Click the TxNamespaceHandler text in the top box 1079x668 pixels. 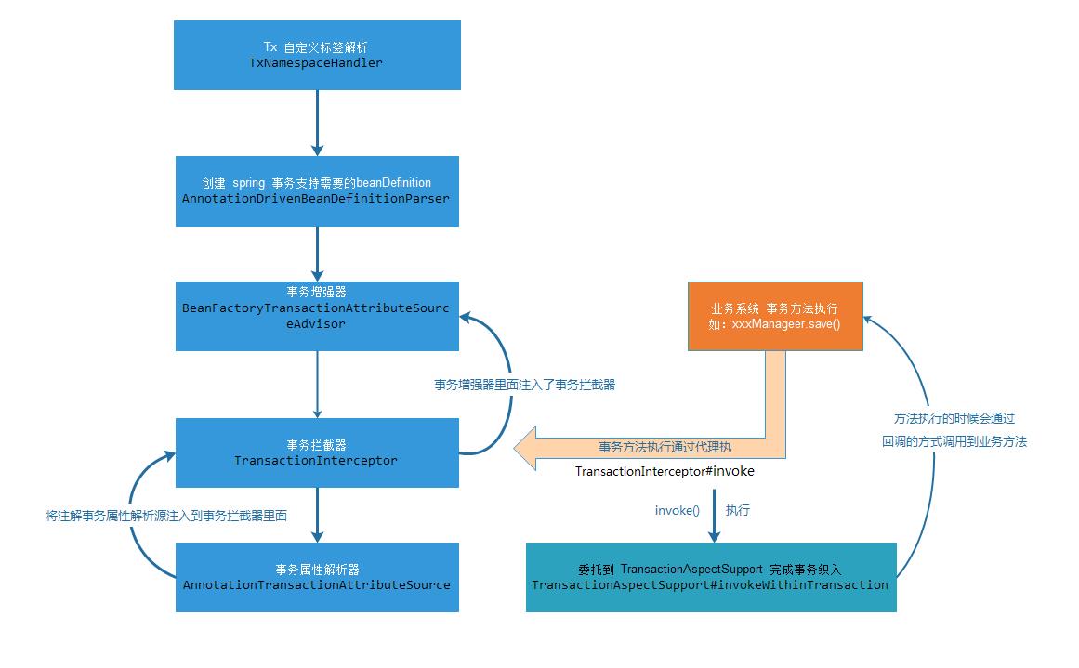pyautogui.click(x=316, y=63)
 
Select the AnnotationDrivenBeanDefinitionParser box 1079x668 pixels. pyautogui.click(x=317, y=190)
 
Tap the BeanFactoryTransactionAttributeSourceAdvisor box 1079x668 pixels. pyautogui.click(x=317, y=316)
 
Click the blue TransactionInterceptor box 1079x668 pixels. pyautogui.click(x=317, y=452)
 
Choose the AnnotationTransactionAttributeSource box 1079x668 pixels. pyautogui.click(x=317, y=577)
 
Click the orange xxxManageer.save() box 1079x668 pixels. pyautogui.click(x=775, y=316)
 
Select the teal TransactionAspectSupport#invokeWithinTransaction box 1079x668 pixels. pyautogui.click(x=711, y=577)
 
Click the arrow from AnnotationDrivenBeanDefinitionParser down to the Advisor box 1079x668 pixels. pyautogui.click(x=317, y=253)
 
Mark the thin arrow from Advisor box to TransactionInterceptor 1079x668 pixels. pyautogui.click(x=317, y=384)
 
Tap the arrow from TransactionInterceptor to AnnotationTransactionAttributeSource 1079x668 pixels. pyautogui.click(x=317, y=514)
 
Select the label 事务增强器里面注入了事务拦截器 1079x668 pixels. pyautogui.click(x=524, y=384)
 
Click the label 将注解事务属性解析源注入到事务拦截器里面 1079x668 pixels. pyautogui.click(x=166, y=515)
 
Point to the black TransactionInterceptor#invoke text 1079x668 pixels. pyautogui.click(x=665, y=471)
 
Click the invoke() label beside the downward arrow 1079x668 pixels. pyautogui.click(x=677, y=511)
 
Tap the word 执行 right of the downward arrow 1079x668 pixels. pyautogui.click(x=738, y=511)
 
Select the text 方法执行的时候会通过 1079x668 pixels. pyautogui.click(x=954, y=419)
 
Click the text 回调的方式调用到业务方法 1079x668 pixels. pyautogui.click(x=954, y=442)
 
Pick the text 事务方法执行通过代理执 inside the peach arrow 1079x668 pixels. pyautogui.click(x=665, y=447)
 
